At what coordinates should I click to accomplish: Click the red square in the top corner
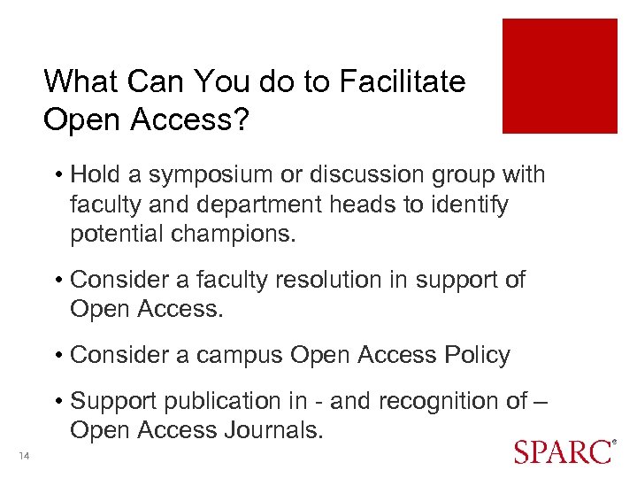click(x=559, y=76)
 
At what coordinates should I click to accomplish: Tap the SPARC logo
click(x=563, y=451)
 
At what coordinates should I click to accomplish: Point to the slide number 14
click(x=24, y=455)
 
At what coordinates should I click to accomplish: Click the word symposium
click(x=215, y=175)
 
